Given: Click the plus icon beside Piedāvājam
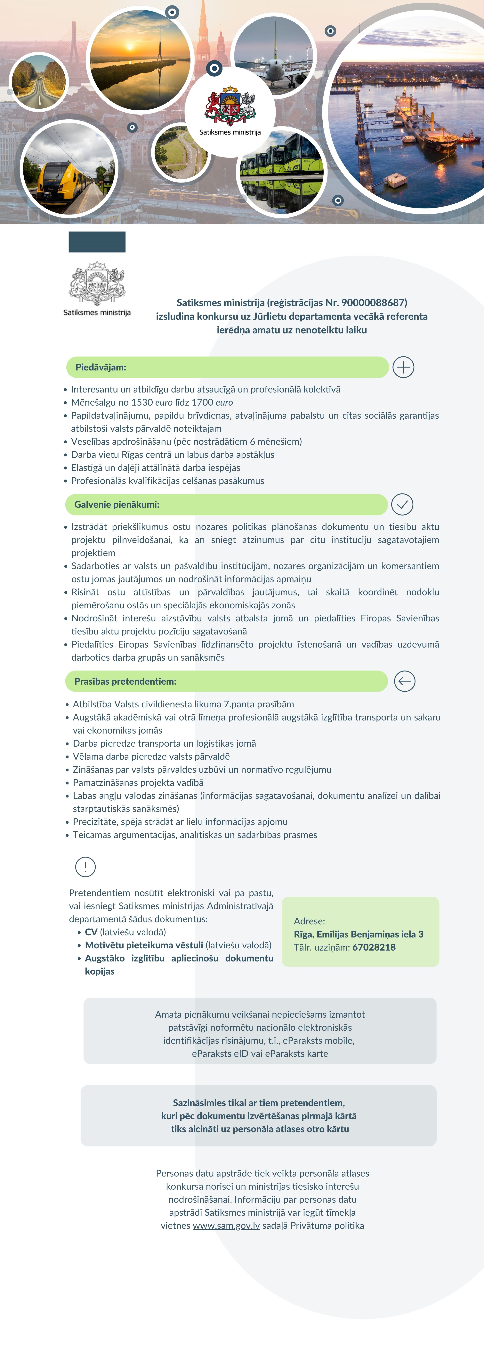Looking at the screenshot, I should coord(403,367).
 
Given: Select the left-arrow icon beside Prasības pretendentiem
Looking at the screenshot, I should coord(404,681).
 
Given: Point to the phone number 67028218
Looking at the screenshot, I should coord(374,947).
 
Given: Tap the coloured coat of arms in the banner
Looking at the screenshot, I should coord(230,106).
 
